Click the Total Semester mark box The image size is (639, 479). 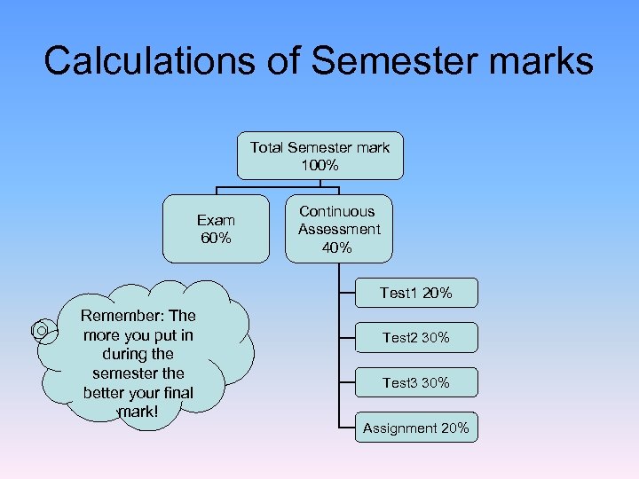319,156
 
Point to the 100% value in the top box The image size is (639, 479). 319,166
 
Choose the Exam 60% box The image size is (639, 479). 216,229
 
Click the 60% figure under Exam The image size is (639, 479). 216,238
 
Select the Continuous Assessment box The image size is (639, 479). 338,229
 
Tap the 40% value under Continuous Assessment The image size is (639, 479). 338,247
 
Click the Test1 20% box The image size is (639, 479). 415,293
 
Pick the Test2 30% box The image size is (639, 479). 415,338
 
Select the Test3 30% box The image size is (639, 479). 415,383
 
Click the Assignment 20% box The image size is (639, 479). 415,428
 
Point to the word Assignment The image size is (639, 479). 399,428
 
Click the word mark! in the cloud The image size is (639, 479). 138,412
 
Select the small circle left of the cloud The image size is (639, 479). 41,330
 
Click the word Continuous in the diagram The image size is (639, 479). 337,211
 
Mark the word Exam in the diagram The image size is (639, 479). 216,220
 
